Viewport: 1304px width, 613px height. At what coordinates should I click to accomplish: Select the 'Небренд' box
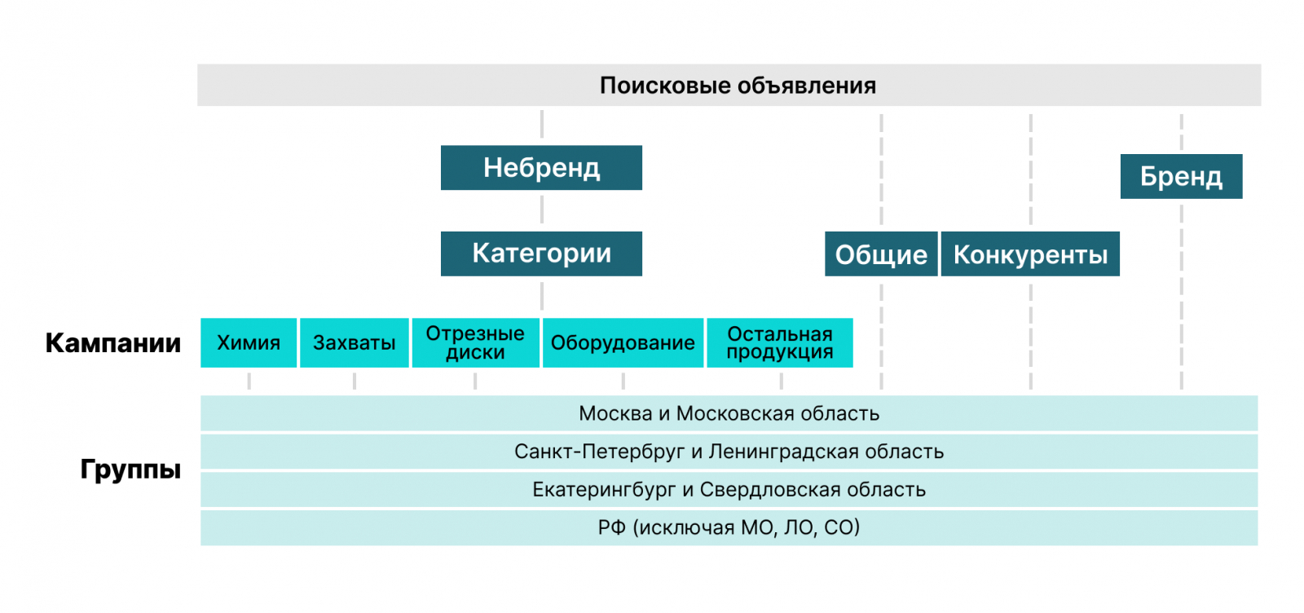click(541, 168)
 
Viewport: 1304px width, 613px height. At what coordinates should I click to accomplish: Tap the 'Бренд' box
click(1181, 176)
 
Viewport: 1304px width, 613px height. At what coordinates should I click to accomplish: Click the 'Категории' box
click(541, 254)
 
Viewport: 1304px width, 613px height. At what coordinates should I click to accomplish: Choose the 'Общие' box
click(881, 254)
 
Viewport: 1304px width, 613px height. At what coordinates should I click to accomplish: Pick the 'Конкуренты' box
click(1030, 254)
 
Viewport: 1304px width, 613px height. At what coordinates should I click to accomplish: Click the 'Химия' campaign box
click(249, 343)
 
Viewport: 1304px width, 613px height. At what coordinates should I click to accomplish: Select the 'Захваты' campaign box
click(355, 343)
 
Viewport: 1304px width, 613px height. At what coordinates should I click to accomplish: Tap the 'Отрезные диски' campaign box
click(475, 343)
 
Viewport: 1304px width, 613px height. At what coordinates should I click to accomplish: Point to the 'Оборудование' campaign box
click(623, 343)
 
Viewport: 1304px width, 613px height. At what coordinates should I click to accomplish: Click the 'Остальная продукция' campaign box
click(780, 343)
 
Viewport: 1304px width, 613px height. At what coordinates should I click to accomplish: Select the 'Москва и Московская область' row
click(729, 413)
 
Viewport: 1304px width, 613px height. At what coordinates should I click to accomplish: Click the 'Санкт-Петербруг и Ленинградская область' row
click(729, 452)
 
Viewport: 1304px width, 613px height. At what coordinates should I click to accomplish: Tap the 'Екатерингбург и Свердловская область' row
click(729, 490)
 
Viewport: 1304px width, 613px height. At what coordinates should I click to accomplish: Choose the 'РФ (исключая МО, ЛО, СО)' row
click(729, 528)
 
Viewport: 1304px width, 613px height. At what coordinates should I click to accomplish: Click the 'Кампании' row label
click(113, 343)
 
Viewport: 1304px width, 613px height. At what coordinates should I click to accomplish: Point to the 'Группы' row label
click(130, 470)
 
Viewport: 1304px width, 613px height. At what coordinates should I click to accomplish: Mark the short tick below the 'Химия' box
click(249, 381)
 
